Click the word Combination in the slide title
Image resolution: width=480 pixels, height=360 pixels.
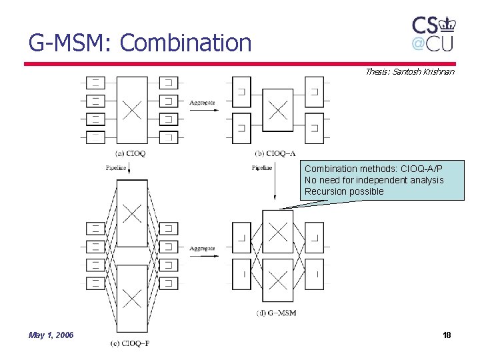[186, 43]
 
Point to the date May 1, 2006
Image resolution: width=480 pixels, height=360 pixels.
[51, 335]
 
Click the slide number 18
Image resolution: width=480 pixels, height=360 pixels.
[447, 335]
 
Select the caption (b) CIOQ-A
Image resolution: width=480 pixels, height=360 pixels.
[275, 153]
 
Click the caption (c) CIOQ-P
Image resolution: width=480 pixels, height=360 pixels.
[130, 343]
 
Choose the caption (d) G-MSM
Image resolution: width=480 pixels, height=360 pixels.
[276, 313]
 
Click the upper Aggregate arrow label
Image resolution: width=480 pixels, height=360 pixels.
[202, 103]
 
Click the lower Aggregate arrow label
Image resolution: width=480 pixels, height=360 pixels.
[202, 248]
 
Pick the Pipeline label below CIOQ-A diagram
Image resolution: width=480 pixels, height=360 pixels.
[262, 168]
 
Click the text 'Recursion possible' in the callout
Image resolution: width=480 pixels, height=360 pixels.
[344, 191]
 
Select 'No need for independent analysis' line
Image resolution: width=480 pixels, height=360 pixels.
[373, 180]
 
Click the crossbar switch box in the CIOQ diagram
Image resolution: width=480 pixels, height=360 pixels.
[132, 110]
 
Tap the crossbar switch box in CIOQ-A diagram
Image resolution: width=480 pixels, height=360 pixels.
[277, 109]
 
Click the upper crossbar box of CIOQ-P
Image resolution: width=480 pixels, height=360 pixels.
[132, 213]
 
